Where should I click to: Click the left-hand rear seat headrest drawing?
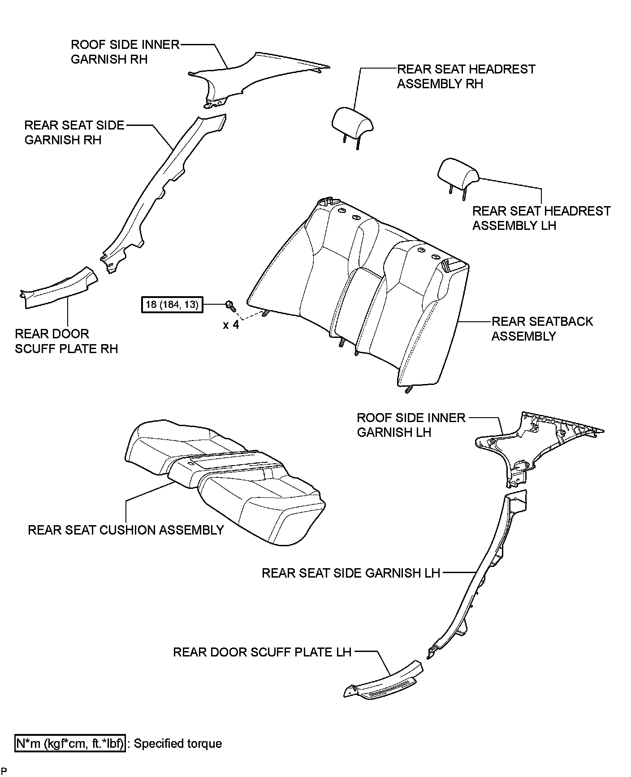[458, 173]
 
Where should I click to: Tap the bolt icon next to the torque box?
[230, 305]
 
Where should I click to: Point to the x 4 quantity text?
[231, 324]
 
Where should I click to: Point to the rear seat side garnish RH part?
[161, 188]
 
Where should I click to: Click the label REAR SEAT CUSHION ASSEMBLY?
[125, 530]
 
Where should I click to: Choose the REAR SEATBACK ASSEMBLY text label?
[542, 328]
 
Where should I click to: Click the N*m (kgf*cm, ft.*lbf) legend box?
[70, 743]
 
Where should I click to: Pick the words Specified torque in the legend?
[178, 743]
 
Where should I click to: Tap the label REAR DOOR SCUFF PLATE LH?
[262, 652]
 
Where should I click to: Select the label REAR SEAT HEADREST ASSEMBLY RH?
[466, 76]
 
